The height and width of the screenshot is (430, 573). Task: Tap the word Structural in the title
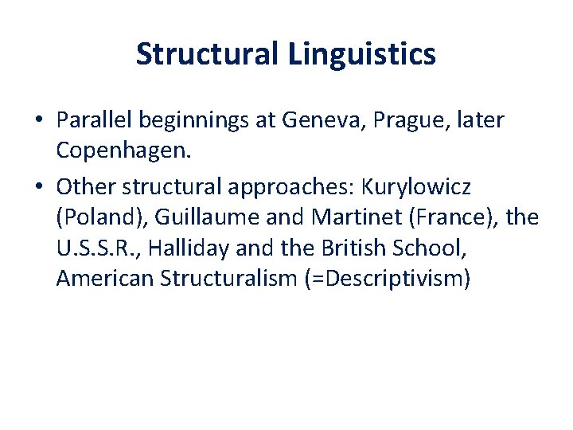205,55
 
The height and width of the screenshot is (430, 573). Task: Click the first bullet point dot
38,121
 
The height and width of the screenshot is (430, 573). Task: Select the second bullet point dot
38,188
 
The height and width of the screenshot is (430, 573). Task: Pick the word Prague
391,120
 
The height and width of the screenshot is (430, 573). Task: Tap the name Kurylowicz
416,187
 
